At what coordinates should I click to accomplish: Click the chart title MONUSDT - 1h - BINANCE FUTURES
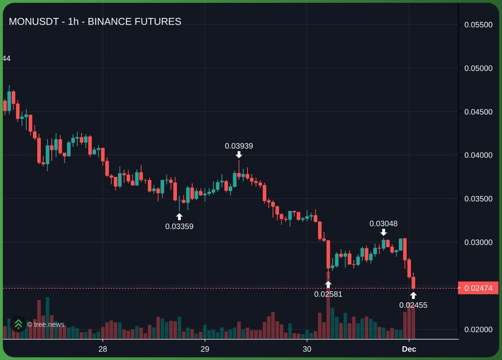tap(95, 22)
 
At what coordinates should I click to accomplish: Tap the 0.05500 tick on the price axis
tap(478, 25)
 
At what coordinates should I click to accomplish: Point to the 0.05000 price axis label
tap(478, 68)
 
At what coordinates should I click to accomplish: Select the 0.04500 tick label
tap(478, 112)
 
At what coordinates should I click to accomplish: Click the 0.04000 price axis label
tap(478, 155)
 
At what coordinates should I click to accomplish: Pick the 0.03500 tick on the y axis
tap(478, 199)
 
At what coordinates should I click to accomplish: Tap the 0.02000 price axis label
tap(478, 329)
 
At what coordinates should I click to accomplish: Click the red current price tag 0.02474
tap(478, 288)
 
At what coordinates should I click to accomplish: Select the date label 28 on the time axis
tap(103, 349)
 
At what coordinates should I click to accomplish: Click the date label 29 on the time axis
tap(204, 349)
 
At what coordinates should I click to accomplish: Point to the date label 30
tap(307, 349)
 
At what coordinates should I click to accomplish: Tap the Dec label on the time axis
tap(409, 349)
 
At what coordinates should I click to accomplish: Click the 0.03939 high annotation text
tap(239, 146)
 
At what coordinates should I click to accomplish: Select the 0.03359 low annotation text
tap(179, 226)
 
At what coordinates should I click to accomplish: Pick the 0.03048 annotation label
tap(384, 224)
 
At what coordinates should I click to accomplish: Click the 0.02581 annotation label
tap(328, 294)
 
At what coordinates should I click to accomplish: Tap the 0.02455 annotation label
tap(413, 305)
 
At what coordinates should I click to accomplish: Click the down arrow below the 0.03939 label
tap(239, 155)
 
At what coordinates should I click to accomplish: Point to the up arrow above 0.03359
tap(179, 216)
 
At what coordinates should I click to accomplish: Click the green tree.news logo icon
tap(18, 324)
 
